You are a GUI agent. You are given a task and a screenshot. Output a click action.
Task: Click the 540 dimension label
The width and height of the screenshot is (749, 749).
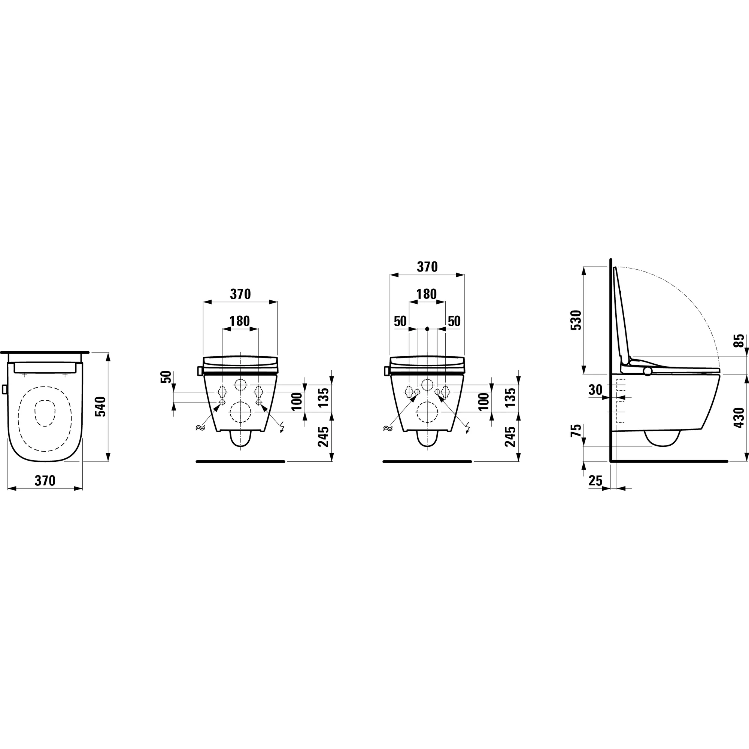[100, 406]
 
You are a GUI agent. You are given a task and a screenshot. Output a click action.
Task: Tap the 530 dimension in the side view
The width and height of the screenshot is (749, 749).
[577, 320]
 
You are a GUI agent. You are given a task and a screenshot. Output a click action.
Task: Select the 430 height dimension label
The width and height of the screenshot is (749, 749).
[739, 418]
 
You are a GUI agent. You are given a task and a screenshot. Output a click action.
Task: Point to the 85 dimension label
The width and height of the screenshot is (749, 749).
[740, 341]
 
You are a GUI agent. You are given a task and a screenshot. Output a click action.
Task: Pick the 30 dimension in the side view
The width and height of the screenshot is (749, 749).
[595, 389]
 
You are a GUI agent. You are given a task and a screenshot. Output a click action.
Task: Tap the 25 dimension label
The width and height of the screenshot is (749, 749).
[595, 481]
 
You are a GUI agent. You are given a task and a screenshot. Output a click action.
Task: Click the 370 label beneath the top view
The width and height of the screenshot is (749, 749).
[45, 481]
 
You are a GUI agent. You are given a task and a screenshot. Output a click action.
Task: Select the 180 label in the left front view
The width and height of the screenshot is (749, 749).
[240, 321]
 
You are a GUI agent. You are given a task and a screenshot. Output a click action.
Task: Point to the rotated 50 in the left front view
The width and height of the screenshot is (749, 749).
[166, 377]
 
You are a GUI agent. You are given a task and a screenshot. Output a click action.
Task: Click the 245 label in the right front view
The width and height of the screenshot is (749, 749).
[510, 437]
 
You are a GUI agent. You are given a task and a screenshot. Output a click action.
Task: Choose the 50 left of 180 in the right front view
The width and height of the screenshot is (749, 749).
[400, 321]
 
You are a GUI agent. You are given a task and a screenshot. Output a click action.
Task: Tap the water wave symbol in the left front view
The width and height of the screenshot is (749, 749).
[200, 428]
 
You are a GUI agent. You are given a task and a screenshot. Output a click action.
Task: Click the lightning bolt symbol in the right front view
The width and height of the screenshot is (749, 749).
[469, 428]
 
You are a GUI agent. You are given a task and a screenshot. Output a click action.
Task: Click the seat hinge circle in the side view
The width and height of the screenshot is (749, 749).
[648, 372]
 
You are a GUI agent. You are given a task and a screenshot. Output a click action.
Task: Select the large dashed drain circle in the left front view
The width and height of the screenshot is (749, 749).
[240, 412]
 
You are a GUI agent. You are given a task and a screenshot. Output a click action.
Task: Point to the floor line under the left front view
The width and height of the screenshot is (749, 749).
[240, 462]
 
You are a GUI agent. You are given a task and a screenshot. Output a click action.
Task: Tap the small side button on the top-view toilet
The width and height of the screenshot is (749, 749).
[4, 389]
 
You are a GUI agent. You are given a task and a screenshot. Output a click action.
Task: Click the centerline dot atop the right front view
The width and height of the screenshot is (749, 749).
[427, 329]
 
